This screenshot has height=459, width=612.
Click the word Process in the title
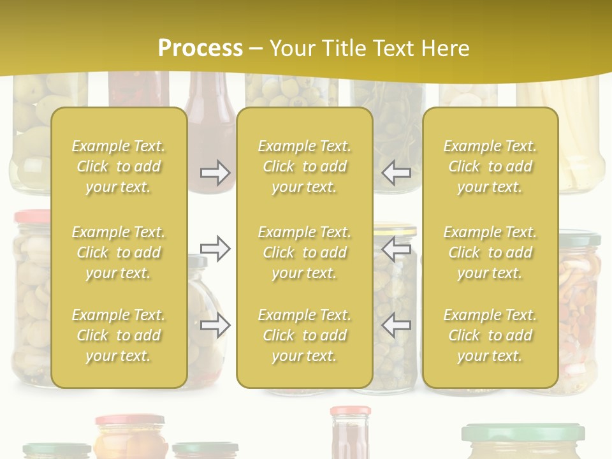[200, 48]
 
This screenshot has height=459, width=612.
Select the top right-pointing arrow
[215, 173]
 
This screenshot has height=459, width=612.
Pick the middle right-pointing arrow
[215, 249]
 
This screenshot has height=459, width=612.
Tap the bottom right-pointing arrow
[215, 326]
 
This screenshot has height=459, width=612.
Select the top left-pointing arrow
[397, 173]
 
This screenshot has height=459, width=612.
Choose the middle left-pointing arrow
[397, 249]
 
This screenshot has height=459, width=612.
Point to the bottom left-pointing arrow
[397, 326]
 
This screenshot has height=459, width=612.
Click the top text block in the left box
[119, 166]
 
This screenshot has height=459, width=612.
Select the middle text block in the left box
[119, 252]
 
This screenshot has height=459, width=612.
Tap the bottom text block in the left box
[119, 335]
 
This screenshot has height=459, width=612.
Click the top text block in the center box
[305, 166]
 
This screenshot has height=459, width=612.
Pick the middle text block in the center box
[305, 252]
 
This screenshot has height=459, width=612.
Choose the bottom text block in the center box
[305, 335]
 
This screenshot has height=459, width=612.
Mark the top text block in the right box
[490, 166]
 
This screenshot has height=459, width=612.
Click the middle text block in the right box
[490, 252]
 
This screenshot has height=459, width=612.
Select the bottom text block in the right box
[490, 335]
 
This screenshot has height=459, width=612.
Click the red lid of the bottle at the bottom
[350, 411]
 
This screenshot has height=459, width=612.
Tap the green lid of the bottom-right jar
[523, 433]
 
